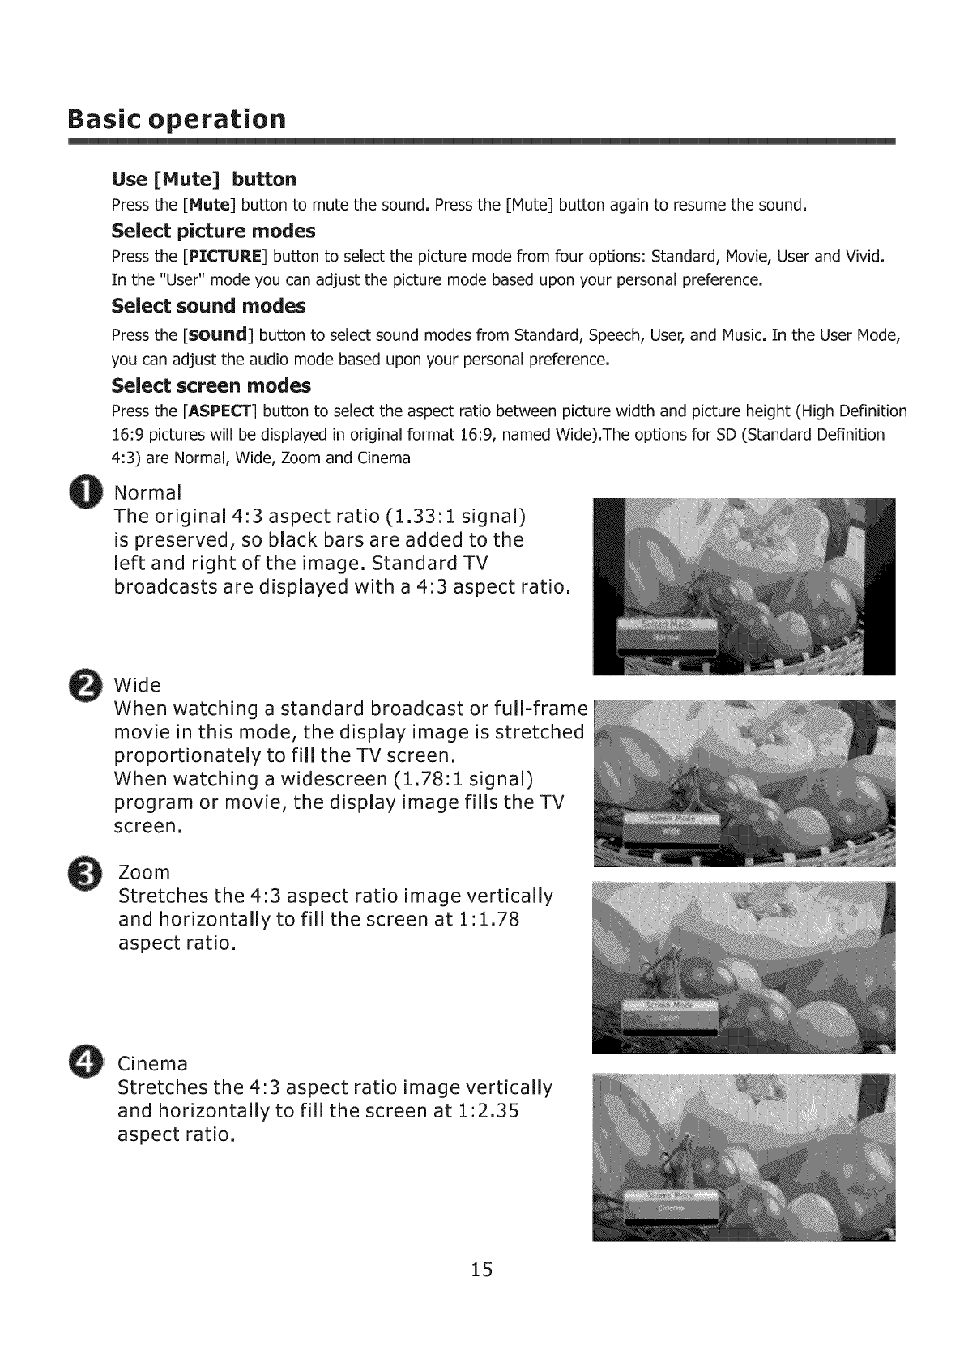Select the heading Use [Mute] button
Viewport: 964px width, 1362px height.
tap(203, 178)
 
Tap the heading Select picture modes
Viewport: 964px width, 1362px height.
tap(212, 231)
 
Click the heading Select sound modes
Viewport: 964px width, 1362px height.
tap(208, 306)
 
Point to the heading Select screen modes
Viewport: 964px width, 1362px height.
tap(211, 385)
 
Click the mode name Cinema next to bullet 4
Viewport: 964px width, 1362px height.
tap(152, 1063)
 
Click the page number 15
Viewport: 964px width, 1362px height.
tap(481, 1270)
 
